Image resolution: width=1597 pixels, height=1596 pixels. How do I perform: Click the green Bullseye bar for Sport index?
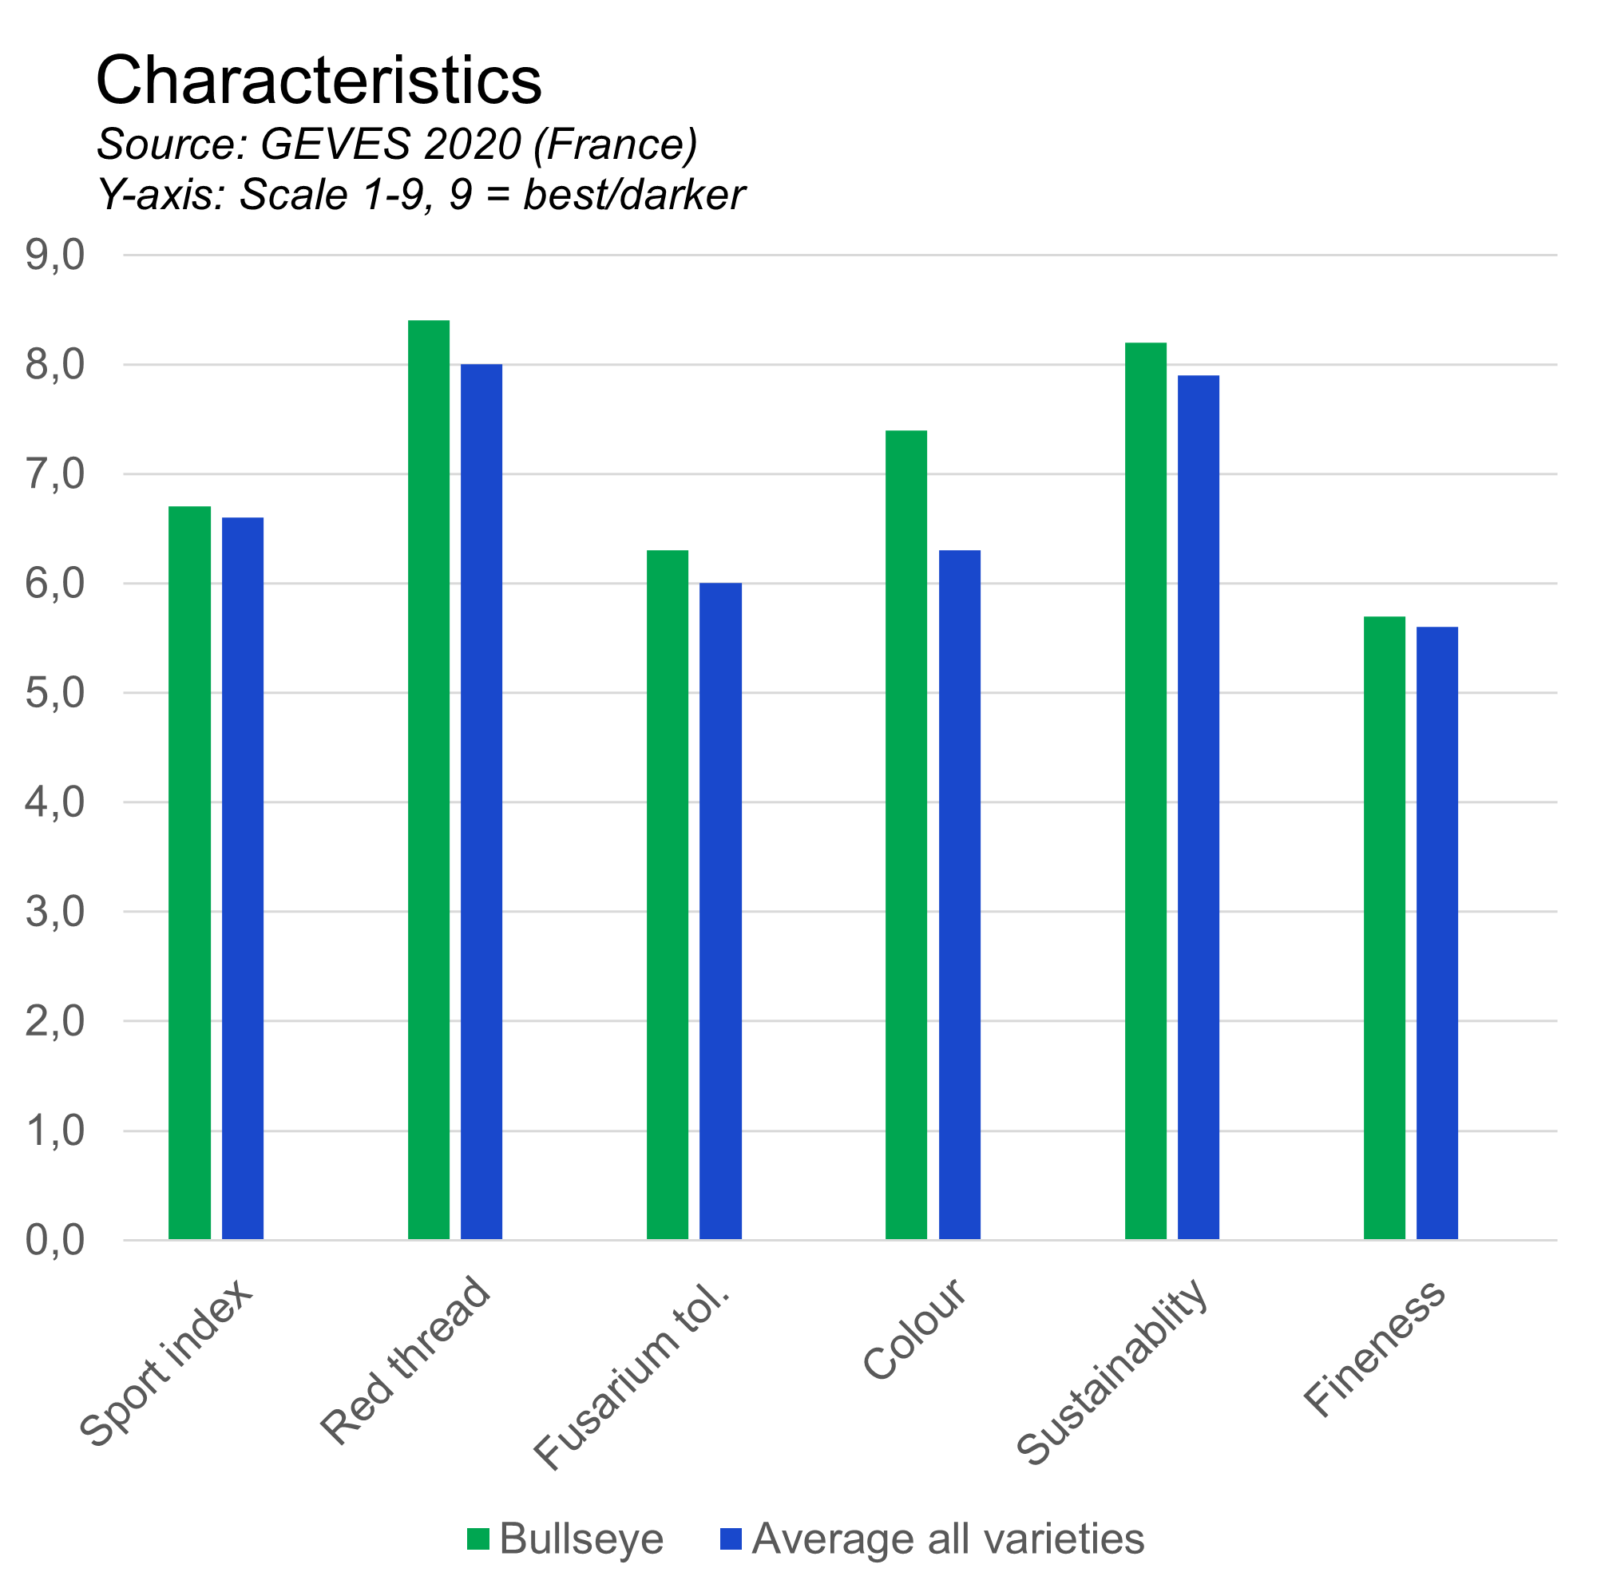(190, 873)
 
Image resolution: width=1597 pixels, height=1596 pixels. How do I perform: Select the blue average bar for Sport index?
(243, 877)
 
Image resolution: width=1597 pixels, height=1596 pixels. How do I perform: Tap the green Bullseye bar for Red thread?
(429, 779)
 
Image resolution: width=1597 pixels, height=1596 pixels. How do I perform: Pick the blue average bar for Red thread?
(482, 802)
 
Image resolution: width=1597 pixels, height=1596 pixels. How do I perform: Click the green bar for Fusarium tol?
(668, 894)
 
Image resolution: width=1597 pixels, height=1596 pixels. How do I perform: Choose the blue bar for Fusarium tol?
(721, 911)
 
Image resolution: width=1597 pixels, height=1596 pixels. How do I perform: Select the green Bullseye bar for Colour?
(907, 835)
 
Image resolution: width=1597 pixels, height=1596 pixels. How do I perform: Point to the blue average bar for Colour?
(960, 894)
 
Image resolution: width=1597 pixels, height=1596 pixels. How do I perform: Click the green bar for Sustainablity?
(1147, 791)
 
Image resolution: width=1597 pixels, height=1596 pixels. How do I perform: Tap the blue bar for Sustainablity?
(1199, 807)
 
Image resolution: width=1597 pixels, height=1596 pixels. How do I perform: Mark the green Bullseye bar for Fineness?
(1385, 928)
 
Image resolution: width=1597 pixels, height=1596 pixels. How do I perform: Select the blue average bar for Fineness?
(1437, 933)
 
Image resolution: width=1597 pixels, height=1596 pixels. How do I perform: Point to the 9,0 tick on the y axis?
(54, 256)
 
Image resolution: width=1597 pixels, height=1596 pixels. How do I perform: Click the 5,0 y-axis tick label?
(54, 694)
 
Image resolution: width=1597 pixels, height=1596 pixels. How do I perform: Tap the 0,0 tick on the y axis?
(54, 1241)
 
